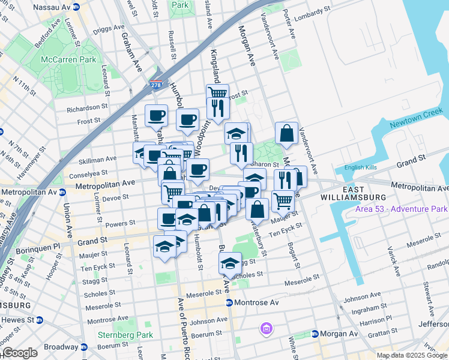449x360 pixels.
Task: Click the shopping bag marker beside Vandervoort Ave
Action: [x=287, y=133]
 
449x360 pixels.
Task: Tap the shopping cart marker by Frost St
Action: [x=217, y=94]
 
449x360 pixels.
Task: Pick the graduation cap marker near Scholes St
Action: [x=229, y=263]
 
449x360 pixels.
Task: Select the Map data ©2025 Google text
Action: [x=412, y=355]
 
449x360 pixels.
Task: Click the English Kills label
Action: [x=360, y=168]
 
